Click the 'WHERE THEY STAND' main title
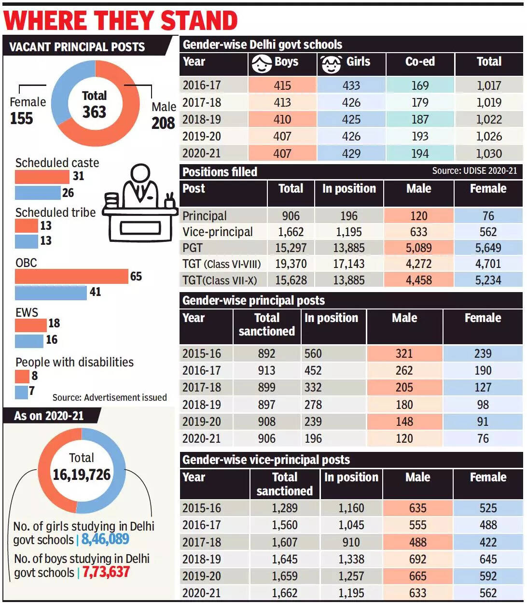point(121,20)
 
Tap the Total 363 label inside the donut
point(94,104)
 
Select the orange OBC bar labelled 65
point(71,277)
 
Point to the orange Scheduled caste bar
point(42,177)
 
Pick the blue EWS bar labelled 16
point(29,340)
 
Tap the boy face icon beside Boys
point(262,64)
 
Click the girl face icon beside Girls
point(331,64)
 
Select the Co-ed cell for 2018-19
point(420,119)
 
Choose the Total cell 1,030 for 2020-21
point(489,154)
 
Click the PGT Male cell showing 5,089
point(418,248)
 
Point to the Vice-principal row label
point(218,232)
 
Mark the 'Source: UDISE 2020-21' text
point(474,171)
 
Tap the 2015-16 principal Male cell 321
point(404,353)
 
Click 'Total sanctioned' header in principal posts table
point(267,324)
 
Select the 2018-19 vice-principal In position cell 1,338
point(351,559)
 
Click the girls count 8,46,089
point(105,539)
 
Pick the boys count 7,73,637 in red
point(106,572)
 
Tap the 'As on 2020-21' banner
point(49,416)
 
